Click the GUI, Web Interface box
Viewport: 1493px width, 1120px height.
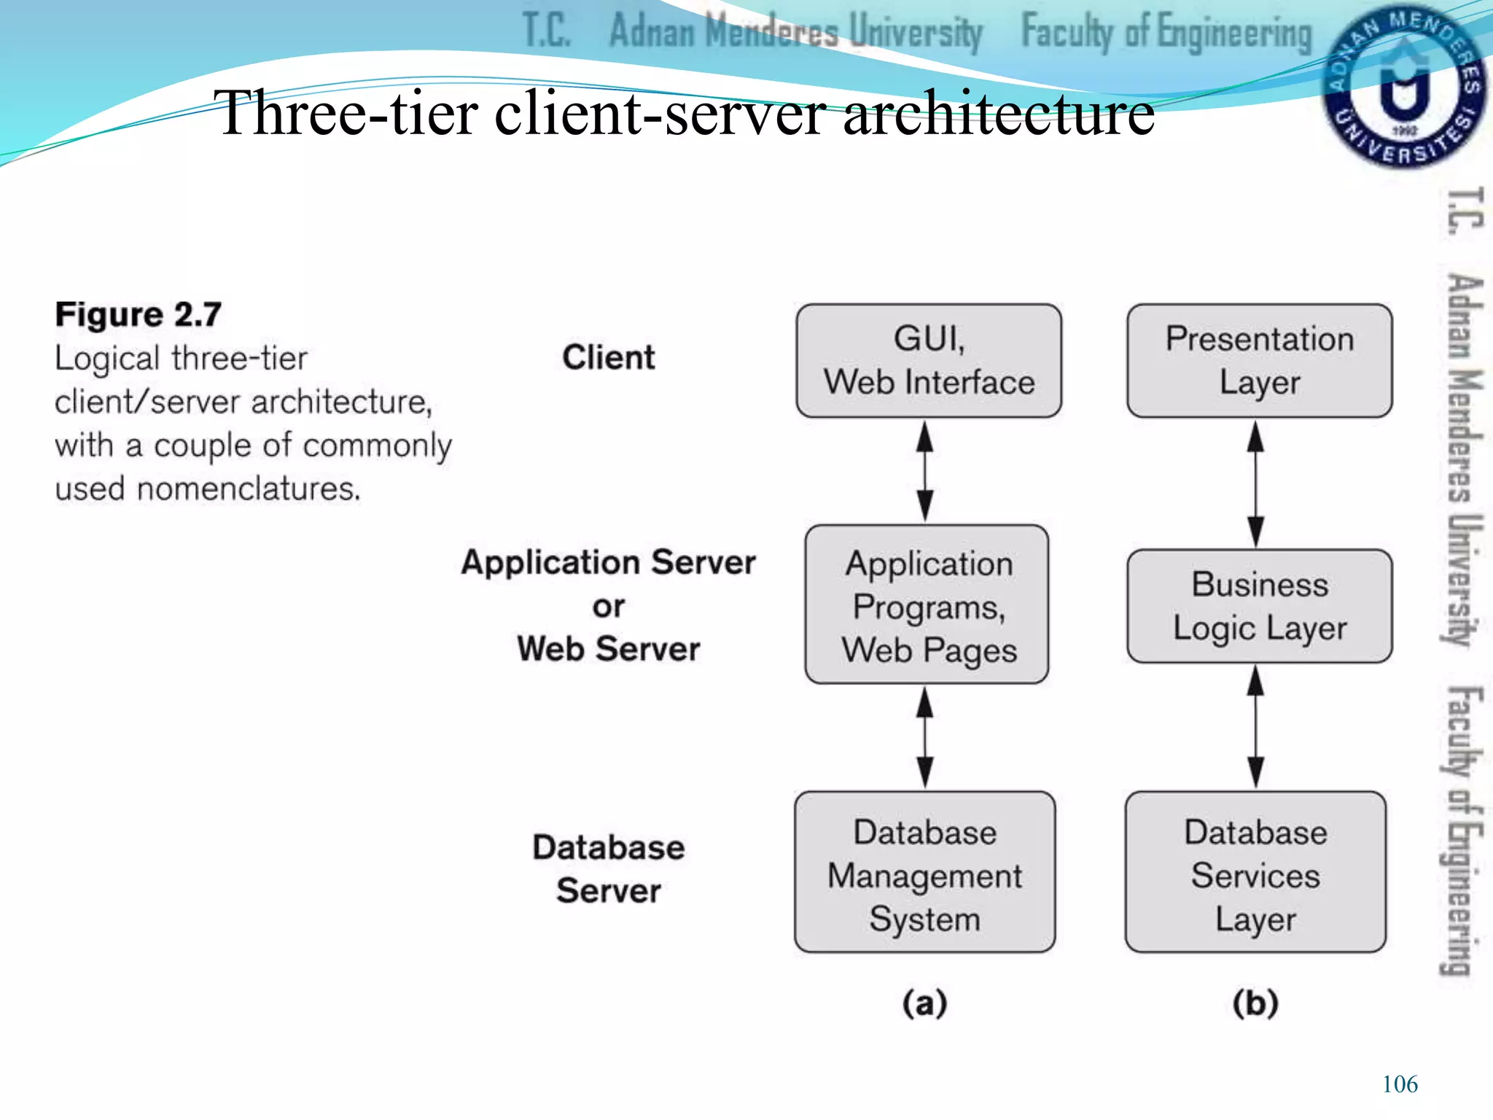coord(929,360)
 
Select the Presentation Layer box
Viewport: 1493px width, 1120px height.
coord(1259,360)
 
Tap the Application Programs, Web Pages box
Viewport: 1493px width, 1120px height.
coord(927,604)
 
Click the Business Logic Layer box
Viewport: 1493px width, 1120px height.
coord(1259,606)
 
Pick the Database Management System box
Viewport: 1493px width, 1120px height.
coord(924,872)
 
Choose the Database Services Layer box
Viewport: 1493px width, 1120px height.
coord(1255,872)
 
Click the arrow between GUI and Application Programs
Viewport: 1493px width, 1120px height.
coord(925,471)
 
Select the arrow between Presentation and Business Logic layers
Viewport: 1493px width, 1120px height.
coord(1255,483)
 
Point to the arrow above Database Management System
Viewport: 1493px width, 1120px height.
coord(925,737)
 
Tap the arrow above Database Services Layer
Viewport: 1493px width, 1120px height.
coord(1255,727)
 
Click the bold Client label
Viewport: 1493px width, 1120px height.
coord(608,357)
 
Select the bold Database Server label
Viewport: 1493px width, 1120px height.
coord(608,868)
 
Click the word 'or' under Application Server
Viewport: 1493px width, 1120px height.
coord(608,606)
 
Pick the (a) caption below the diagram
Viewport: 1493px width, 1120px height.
coord(924,1003)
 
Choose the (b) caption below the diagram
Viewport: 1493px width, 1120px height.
coord(1255,1003)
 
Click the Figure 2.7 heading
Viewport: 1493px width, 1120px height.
coord(138,315)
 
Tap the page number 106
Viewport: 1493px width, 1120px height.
coord(1399,1084)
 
